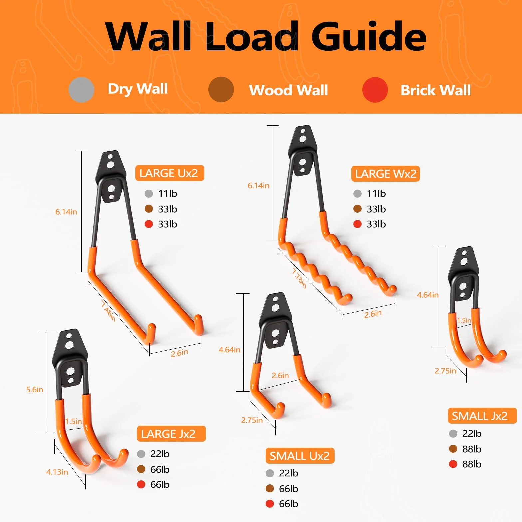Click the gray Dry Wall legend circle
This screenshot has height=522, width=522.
81,90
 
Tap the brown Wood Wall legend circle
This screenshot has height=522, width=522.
221,90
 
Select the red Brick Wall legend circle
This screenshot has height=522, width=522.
375,90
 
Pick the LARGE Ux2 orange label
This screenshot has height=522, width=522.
170,173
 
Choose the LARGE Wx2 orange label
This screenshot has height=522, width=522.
386,174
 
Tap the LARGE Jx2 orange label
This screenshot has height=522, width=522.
171,434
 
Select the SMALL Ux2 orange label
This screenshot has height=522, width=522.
300,456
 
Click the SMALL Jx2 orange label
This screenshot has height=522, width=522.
482,416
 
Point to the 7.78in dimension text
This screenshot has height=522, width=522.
299,278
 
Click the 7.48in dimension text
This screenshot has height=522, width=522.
108,312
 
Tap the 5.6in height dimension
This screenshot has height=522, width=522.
35,390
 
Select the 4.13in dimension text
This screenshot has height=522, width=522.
57,472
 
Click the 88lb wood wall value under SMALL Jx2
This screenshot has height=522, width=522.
472,449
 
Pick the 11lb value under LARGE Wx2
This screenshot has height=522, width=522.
376,193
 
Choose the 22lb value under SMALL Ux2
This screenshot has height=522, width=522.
289,473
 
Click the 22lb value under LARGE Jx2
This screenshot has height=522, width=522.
160,454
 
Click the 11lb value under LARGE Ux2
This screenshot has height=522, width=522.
168,193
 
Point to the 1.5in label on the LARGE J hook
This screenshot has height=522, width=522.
74,421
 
